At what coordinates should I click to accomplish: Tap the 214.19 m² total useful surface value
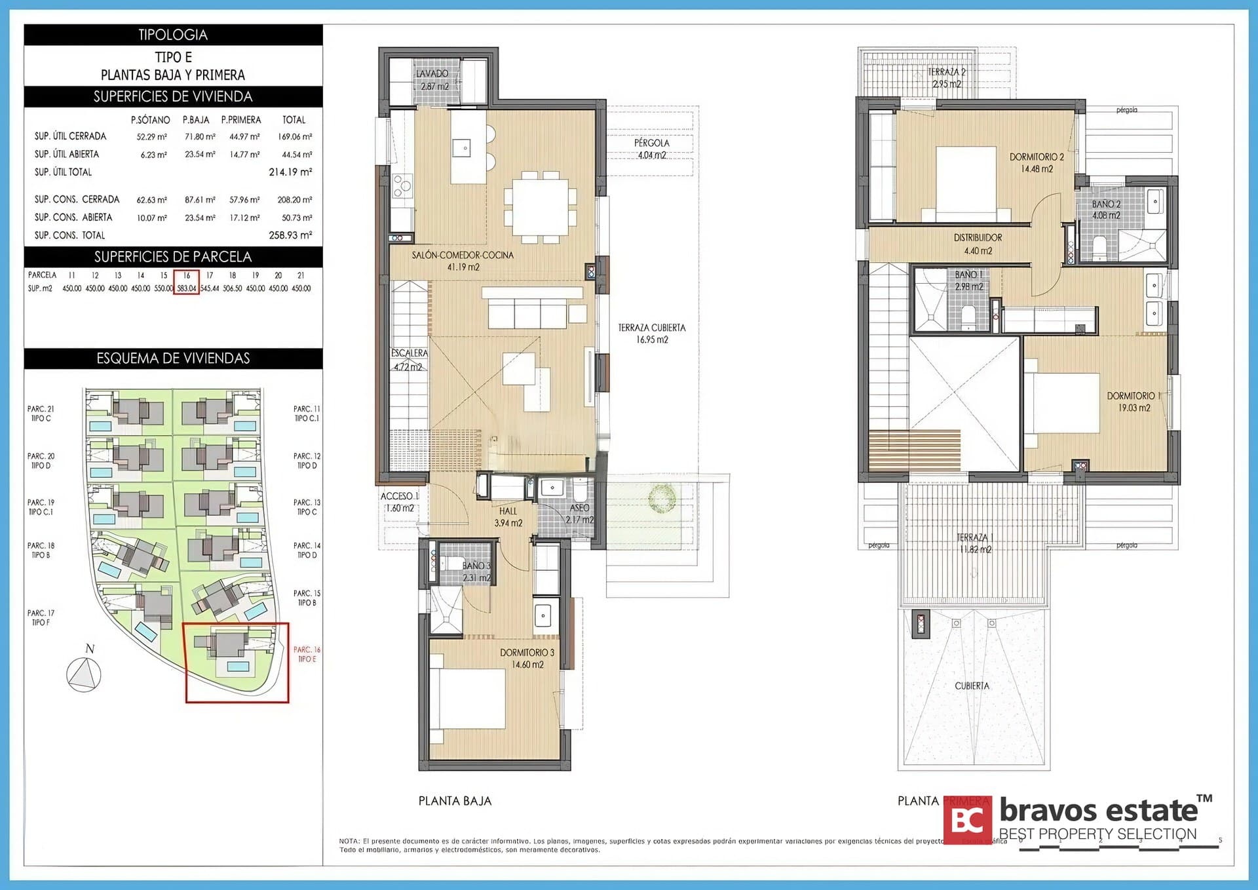coord(290,172)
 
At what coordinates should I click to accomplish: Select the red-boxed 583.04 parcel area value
coord(187,288)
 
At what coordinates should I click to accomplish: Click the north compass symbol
coord(85,674)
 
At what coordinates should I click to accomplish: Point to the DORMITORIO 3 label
coord(527,653)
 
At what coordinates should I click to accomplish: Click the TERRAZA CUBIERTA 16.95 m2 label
coord(651,333)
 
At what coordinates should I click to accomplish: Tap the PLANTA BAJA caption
coord(455,801)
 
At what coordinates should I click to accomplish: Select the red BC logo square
coord(968,819)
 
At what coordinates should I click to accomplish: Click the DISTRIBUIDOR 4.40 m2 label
coord(978,244)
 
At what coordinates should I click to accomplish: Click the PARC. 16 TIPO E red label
coord(307,654)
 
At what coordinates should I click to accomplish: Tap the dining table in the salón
coord(540,206)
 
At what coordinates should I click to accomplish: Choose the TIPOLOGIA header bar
coord(173,35)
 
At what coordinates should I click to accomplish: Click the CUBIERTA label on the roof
coord(972,686)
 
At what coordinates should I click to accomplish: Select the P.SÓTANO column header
coord(150,120)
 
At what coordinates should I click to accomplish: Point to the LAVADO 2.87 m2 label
coord(432,79)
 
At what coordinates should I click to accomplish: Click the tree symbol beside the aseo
coord(662,498)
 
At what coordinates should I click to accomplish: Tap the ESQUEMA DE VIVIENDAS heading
coord(173,358)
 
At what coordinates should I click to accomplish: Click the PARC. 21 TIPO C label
coord(41,414)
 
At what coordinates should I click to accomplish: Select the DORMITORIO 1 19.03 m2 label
coord(1134,402)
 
